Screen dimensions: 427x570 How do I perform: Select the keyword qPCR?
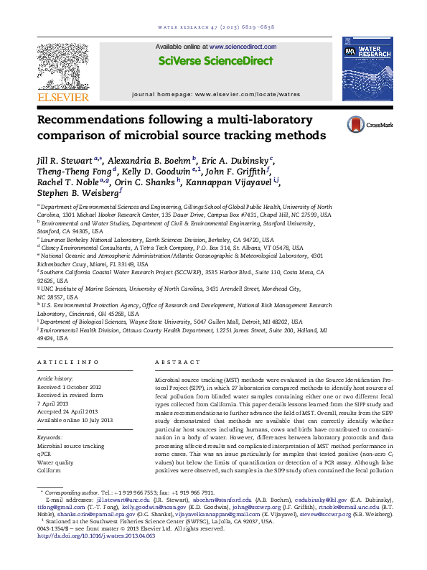coord(45,454)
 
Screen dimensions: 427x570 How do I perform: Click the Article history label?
coord(55,377)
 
